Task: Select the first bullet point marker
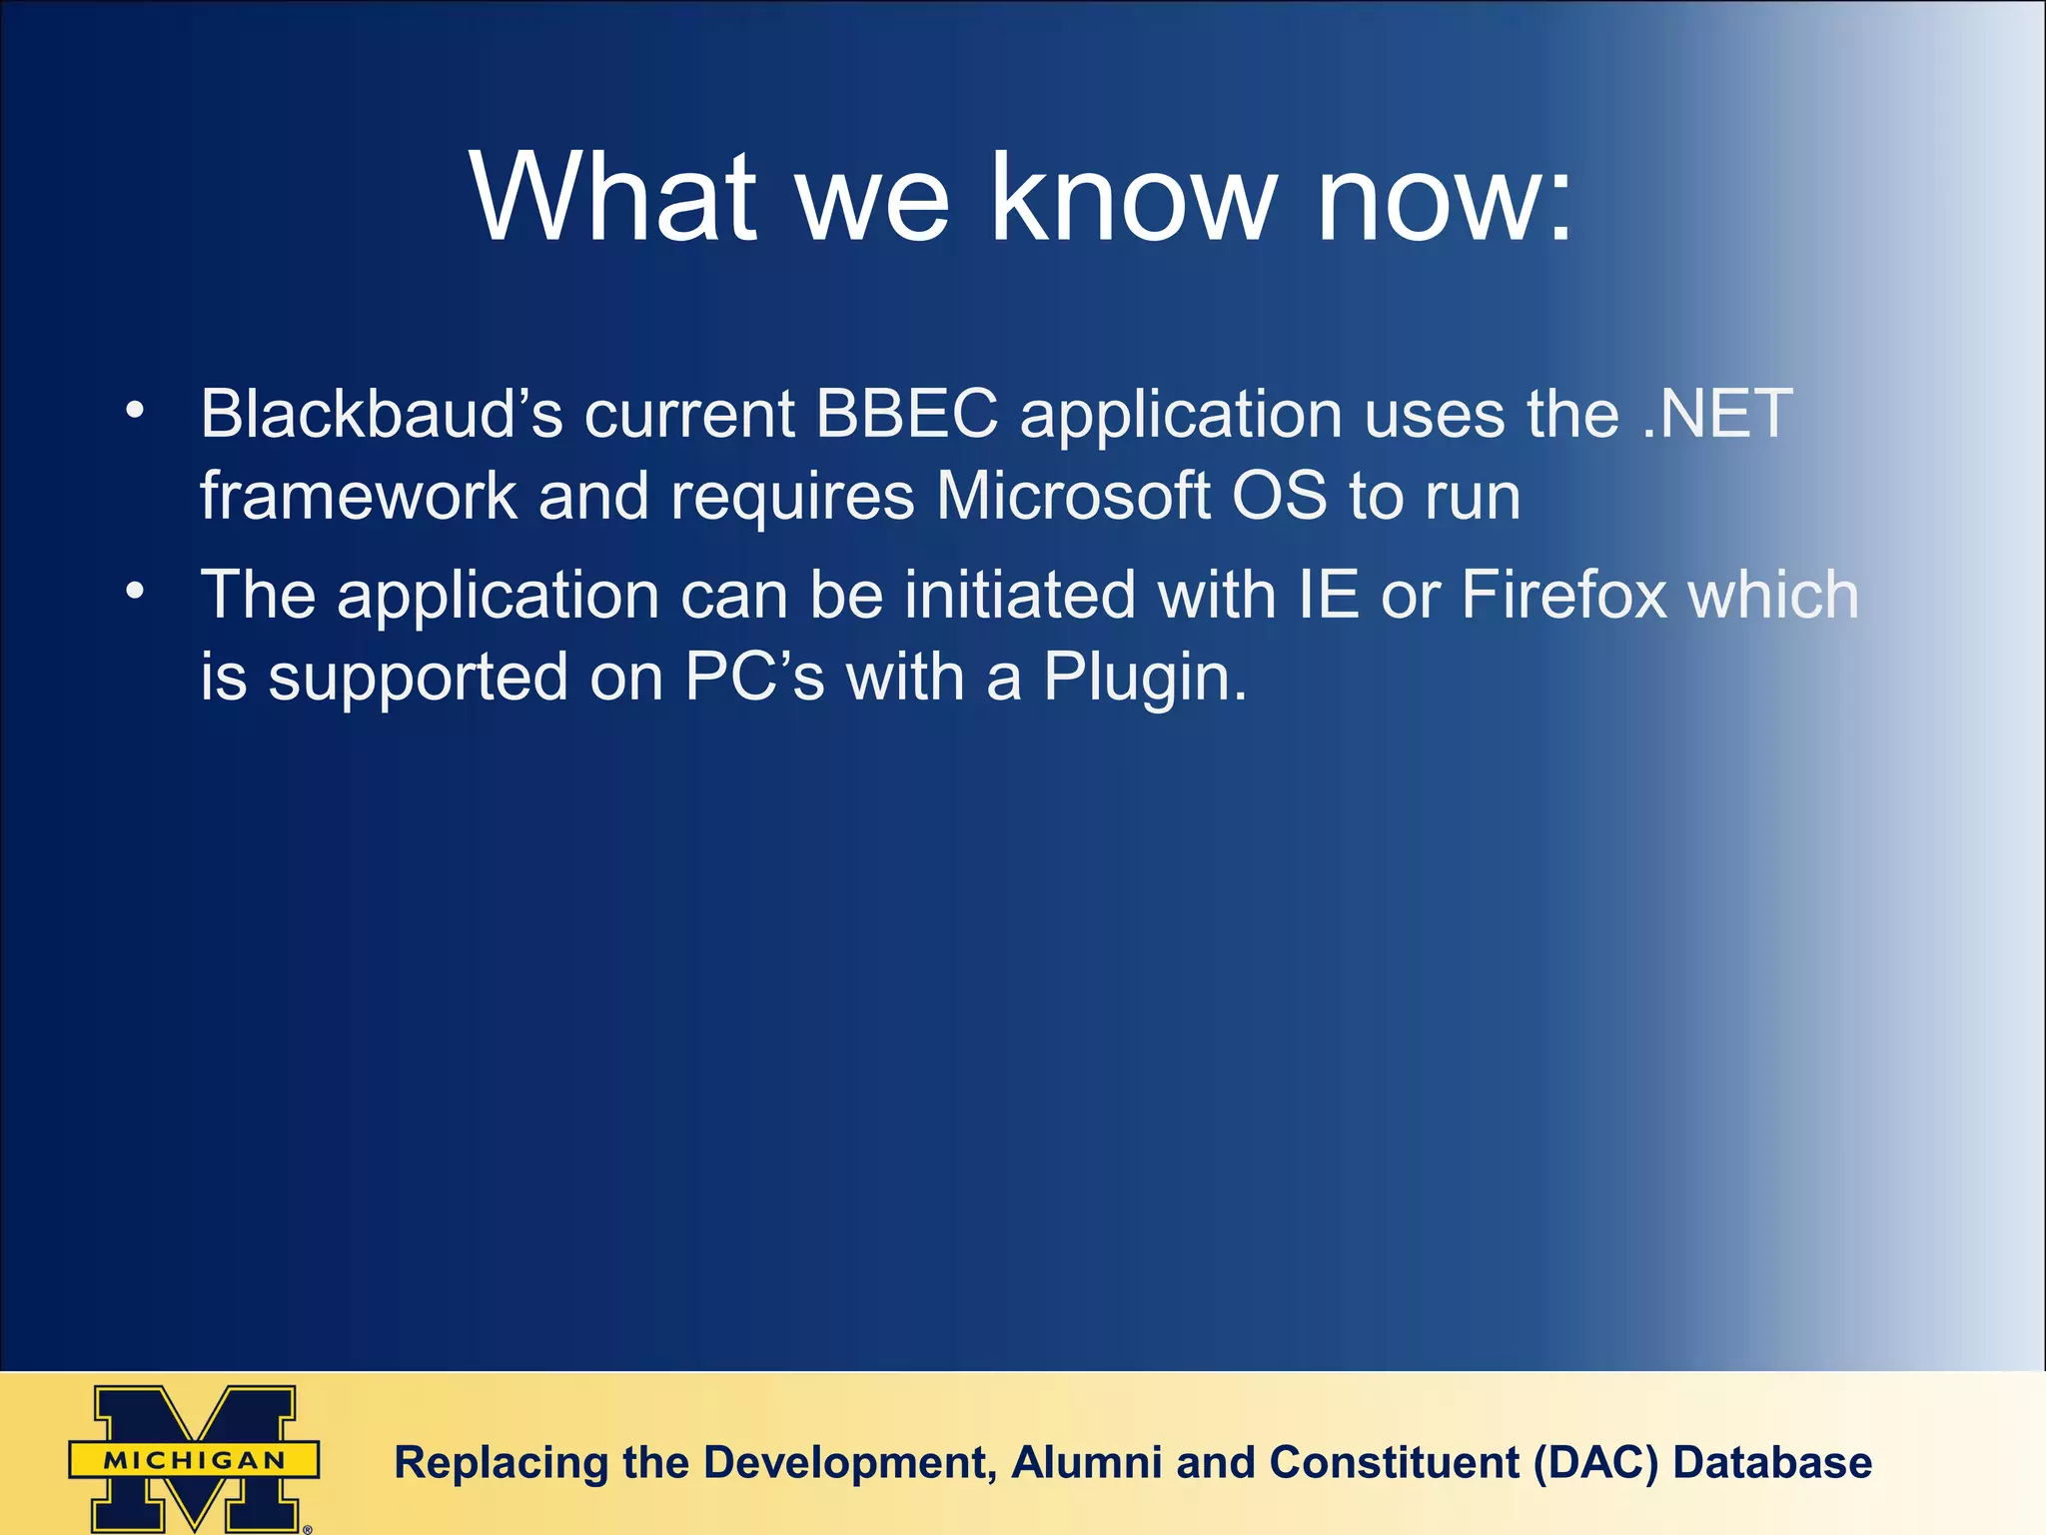tap(135, 411)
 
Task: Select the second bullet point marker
tap(135, 592)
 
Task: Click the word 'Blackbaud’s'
tap(381, 414)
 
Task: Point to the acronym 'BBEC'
tap(906, 414)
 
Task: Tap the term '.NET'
tap(1717, 414)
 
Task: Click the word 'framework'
tap(358, 497)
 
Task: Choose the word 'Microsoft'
tap(1073, 497)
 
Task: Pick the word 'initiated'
tap(1020, 596)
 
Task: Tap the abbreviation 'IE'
tap(1329, 596)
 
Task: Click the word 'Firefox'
tap(1563, 596)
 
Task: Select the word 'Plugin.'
tap(1145, 679)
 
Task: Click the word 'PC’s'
tap(754, 679)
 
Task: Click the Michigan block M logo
tap(195, 1458)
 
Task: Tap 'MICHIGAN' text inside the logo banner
tap(195, 1460)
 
